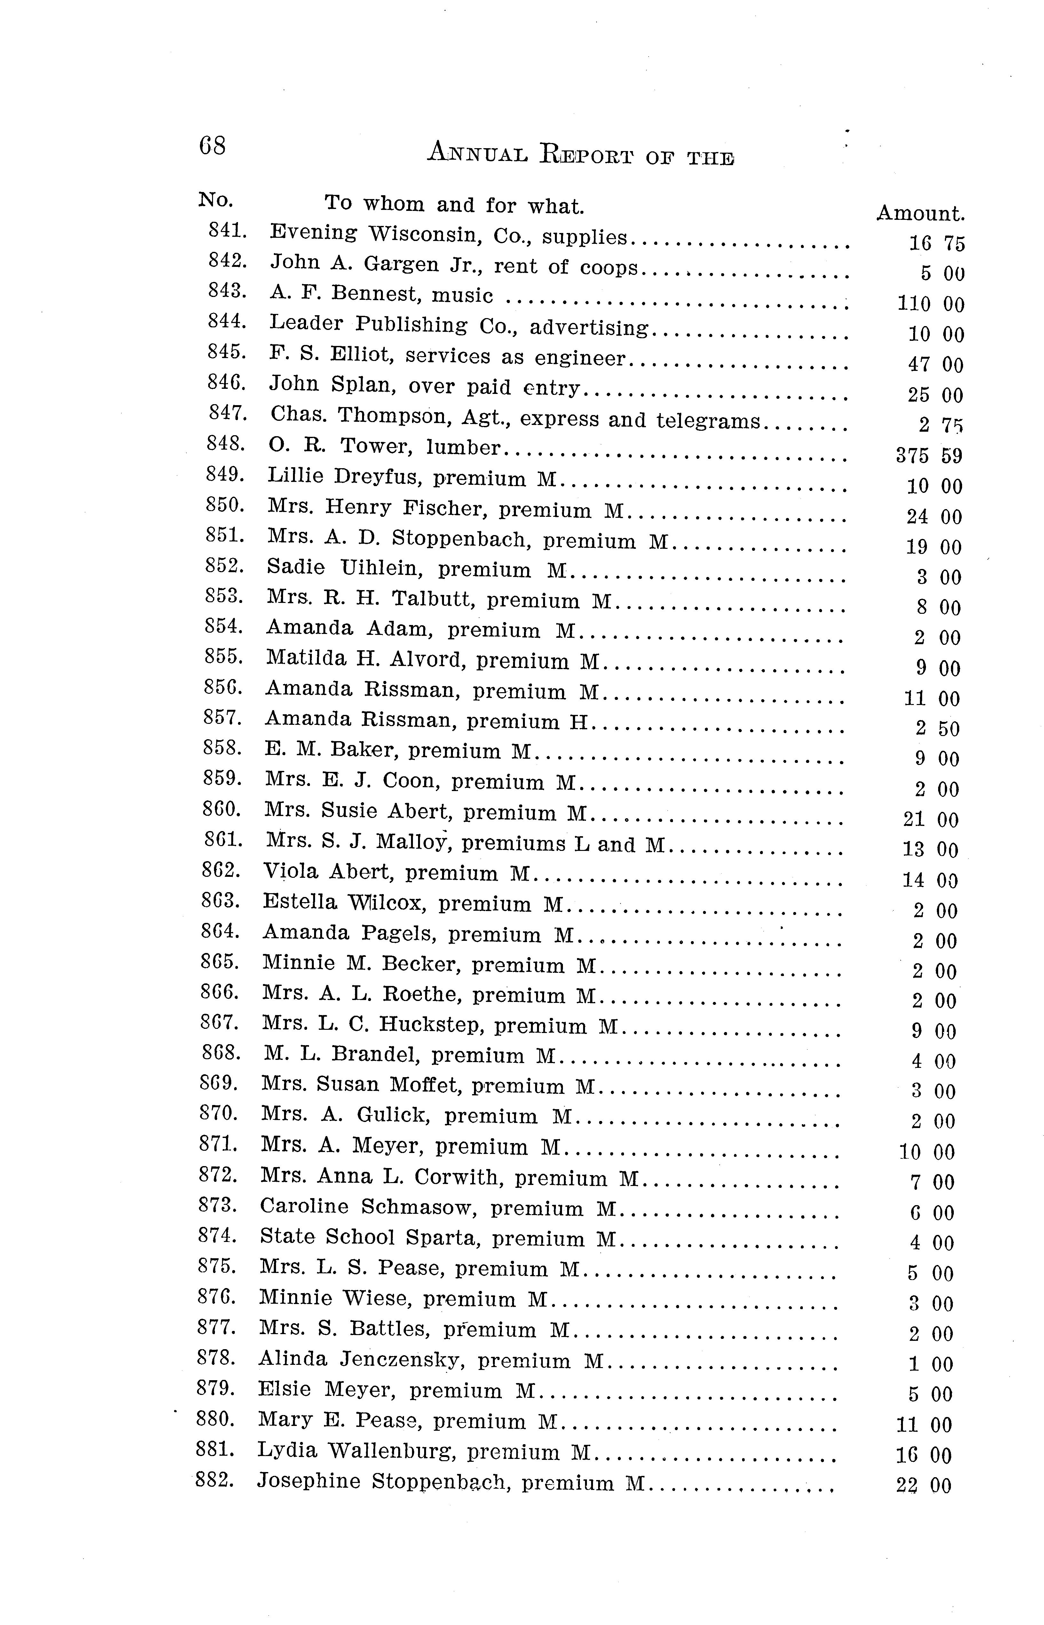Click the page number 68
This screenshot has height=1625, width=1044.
pyautogui.click(x=212, y=146)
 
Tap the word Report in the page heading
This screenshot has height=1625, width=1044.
pyautogui.click(x=587, y=155)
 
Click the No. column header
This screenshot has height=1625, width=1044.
pyautogui.click(x=216, y=200)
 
